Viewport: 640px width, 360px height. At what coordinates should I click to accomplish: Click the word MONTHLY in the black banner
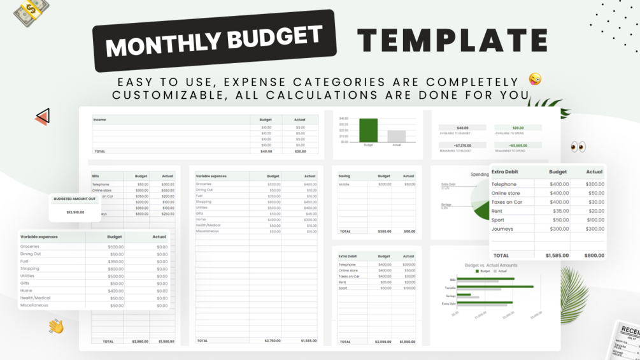click(156, 45)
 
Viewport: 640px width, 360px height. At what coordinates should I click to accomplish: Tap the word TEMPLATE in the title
click(452, 40)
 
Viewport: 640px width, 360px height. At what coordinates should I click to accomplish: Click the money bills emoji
click(31, 12)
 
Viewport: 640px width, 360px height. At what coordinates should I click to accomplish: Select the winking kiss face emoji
click(535, 79)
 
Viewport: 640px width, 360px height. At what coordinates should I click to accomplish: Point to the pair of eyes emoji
click(578, 147)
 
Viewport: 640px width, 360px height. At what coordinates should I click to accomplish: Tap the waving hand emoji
click(56, 326)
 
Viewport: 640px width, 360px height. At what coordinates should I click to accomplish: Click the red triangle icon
click(43, 117)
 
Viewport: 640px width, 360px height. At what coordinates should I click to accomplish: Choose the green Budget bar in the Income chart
click(368, 130)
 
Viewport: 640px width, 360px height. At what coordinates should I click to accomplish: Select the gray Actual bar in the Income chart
click(397, 136)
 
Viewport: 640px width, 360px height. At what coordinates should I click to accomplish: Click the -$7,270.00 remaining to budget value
click(462, 145)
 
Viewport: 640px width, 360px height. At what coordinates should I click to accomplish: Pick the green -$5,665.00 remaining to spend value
click(518, 145)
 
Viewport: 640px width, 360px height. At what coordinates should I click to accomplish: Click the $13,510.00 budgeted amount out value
click(75, 212)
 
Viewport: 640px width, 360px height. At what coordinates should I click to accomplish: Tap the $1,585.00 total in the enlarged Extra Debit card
click(557, 256)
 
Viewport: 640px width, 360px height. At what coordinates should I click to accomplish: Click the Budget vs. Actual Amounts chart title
click(491, 265)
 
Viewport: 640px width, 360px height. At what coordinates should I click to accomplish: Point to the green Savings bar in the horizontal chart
click(464, 294)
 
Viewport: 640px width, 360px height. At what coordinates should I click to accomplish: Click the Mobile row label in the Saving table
click(344, 184)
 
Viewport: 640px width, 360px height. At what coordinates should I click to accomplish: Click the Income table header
click(100, 120)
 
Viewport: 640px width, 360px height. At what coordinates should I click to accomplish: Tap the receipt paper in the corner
click(625, 341)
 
